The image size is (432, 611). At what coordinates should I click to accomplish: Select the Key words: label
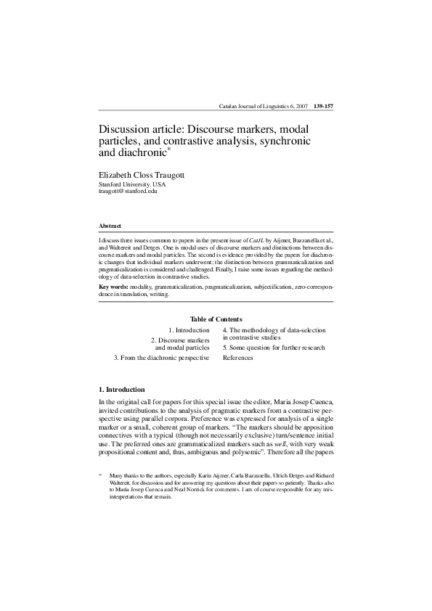pyautogui.click(x=113, y=287)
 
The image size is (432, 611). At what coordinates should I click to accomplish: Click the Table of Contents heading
pyautogui.click(x=216, y=319)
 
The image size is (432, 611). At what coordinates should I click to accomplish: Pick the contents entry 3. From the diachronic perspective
pyautogui.click(x=162, y=358)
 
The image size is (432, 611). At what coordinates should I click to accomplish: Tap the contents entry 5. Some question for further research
pyautogui.click(x=274, y=348)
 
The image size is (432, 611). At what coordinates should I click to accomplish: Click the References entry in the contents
pyautogui.click(x=237, y=358)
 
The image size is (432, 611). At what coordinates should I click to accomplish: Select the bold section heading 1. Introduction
pyautogui.click(x=122, y=390)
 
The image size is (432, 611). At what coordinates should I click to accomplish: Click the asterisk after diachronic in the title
pyautogui.click(x=169, y=149)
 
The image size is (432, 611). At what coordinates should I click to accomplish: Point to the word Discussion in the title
pyautogui.click(x=125, y=129)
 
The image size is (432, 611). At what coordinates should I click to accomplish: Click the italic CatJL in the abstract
pyautogui.click(x=257, y=239)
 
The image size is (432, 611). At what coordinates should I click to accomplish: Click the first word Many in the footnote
pyautogui.click(x=117, y=476)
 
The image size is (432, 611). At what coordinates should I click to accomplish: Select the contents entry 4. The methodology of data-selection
pyautogui.click(x=274, y=330)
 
